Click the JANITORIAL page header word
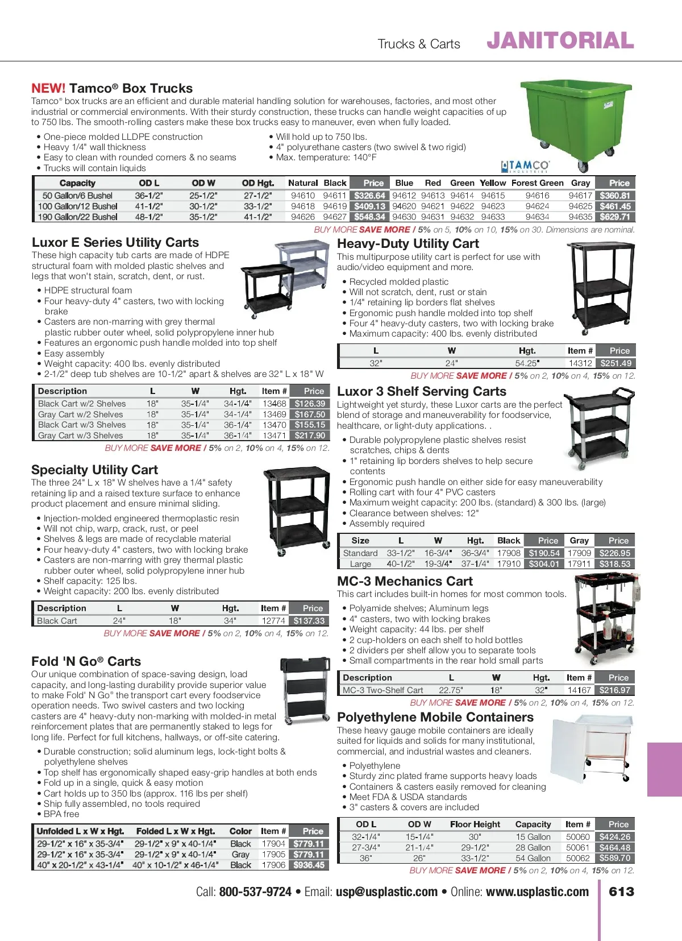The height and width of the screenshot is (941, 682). click(x=560, y=41)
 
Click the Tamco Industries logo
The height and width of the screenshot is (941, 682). click(x=525, y=166)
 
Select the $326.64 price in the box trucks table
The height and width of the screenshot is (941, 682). click(x=369, y=196)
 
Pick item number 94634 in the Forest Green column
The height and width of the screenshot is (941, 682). click(x=537, y=217)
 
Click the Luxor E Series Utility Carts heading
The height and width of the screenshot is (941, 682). click(x=115, y=242)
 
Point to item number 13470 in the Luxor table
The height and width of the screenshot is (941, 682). click(x=274, y=425)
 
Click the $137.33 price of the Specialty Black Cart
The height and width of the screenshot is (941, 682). click(x=309, y=621)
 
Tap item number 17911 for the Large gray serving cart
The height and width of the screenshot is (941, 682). click(x=579, y=564)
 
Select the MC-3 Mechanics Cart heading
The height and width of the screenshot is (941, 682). click(x=405, y=581)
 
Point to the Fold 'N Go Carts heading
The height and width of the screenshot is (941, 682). click(x=86, y=661)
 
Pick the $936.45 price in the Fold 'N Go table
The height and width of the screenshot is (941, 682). click(x=309, y=865)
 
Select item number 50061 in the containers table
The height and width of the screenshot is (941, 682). click(x=577, y=847)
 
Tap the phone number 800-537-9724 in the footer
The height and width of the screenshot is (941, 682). click(x=255, y=892)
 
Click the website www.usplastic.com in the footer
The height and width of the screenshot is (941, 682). click(x=537, y=892)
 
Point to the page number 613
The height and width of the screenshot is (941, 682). click(x=621, y=892)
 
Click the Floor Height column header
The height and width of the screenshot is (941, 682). click(x=475, y=824)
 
